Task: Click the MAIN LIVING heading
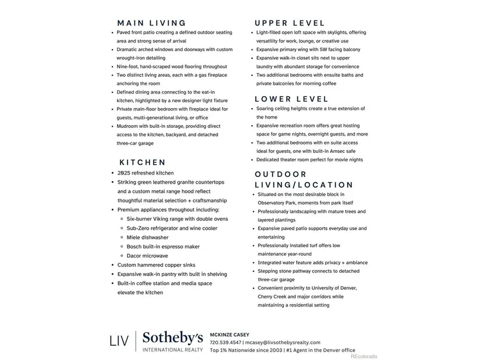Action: pos(151,23)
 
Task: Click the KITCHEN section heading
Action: pos(143,162)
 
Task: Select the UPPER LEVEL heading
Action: pos(290,23)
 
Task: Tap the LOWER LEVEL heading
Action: pos(291,99)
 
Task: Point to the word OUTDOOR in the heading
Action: pos(280,174)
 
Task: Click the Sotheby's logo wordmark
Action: pos(173,338)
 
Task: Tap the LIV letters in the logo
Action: pos(119,341)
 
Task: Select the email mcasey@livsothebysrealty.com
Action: pos(283,343)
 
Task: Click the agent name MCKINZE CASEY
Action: pos(229,335)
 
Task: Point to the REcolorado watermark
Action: pos(363,356)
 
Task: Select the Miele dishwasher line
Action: pos(148,237)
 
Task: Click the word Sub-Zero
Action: pos(139,228)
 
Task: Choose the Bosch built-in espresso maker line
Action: pos(163,247)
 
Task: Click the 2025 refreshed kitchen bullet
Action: pos(145,173)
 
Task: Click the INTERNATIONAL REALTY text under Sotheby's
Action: pos(173,350)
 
